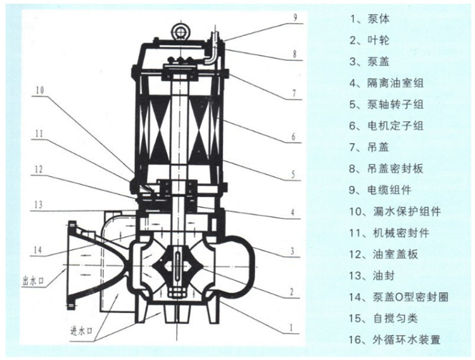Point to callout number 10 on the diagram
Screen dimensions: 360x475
(x=40, y=90)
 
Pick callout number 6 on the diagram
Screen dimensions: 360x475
(x=293, y=135)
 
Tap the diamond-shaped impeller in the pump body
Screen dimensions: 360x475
(x=180, y=261)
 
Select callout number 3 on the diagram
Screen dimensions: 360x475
(x=293, y=251)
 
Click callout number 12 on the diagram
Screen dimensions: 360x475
(x=39, y=169)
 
